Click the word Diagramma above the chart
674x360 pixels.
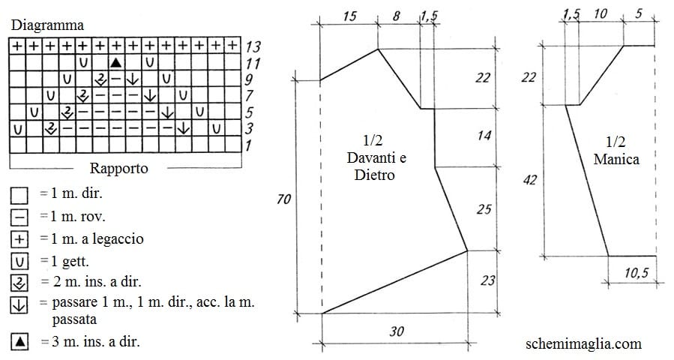pyautogui.click(x=47, y=25)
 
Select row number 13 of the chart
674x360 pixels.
pyautogui.click(x=253, y=46)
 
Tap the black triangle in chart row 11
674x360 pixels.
pyautogui.click(x=115, y=63)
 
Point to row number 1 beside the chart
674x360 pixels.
pyautogui.click(x=248, y=145)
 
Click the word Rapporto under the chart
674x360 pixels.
pyautogui.click(x=118, y=168)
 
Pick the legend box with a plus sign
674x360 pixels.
pyautogui.click(x=19, y=239)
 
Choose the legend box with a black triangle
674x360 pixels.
pyautogui.click(x=19, y=342)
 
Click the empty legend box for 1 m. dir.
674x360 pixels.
pyautogui.click(x=19, y=195)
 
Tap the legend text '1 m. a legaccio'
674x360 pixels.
pyautogui.click(x=97, y=238)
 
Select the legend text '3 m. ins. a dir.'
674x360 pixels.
pyautogui.click(x=96, y=341)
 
